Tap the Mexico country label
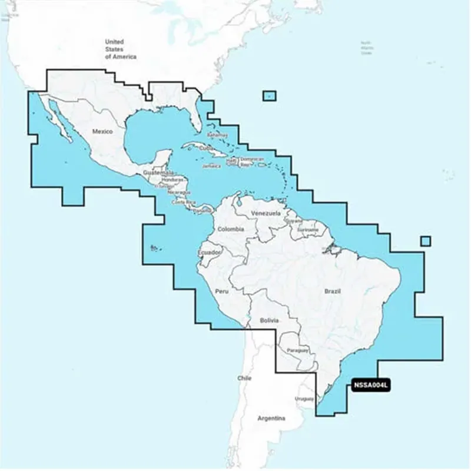(102, 131)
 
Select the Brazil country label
(333, 291)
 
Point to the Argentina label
(271, 419)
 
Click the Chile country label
(244, 378)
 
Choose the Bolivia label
(268, 321)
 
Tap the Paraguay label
(297, 350)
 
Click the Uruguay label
(305, 399)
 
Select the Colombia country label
(230, 229)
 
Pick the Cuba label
(206, 148)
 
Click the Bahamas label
(217, 135)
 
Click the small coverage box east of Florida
(270, 95)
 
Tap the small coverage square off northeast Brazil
(426, 241)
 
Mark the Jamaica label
(211, 166)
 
